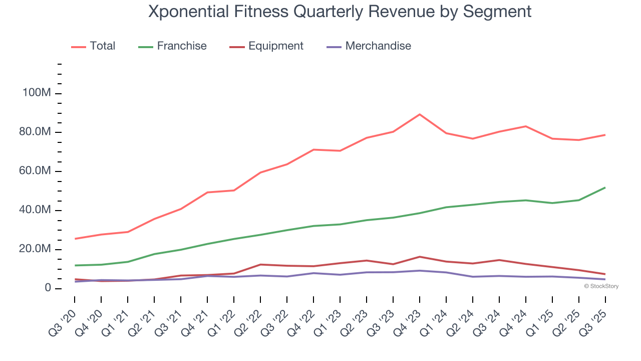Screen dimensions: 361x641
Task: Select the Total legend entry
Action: (102, 46)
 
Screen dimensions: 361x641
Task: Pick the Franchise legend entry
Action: (181, 46)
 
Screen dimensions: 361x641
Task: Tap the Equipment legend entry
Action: (275, 46)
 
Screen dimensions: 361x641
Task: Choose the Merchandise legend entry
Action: (378, 46)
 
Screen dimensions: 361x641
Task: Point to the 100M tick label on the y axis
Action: (36, 94)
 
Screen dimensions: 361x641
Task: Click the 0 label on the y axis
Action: (48, 288)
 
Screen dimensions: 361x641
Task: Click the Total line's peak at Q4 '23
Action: (419, 114)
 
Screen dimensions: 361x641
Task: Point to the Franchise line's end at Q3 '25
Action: (605, 188)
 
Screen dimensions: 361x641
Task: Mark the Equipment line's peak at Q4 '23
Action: (419, 257)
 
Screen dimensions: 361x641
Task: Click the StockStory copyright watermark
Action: (601, 286)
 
